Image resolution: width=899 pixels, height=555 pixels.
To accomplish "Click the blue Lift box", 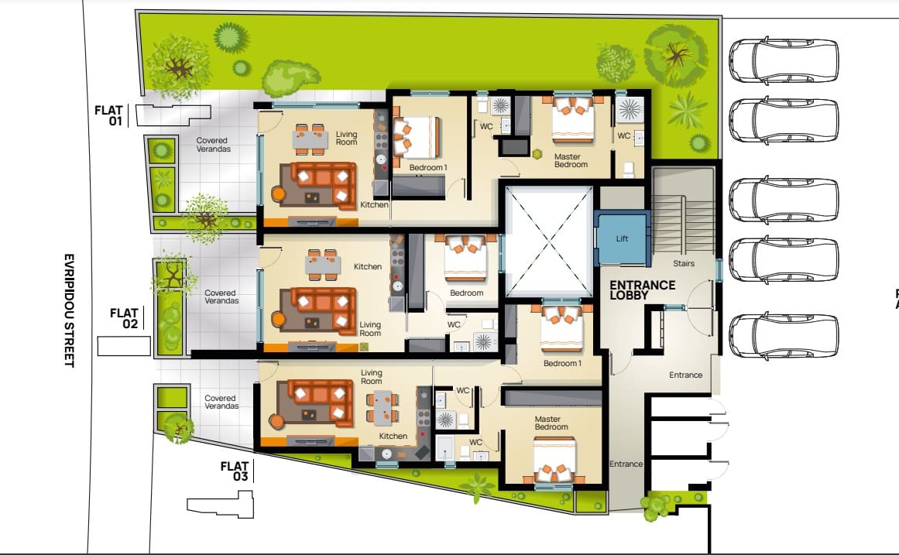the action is coord(622,238).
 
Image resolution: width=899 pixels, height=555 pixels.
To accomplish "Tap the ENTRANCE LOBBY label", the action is coord(642,290).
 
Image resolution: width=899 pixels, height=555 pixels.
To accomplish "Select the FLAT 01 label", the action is coord(109,115).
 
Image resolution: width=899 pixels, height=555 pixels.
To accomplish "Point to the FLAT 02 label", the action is coord(125,318).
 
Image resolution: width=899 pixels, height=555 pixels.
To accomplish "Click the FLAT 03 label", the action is coord(235,471).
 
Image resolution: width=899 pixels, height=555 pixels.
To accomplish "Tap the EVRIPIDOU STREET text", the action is coord(69,310).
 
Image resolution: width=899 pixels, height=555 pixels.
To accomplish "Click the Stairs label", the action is coord(684,263).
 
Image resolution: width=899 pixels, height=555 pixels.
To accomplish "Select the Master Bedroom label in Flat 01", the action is coord(571,160).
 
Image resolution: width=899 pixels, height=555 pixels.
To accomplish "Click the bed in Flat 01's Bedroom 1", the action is coord(416,138).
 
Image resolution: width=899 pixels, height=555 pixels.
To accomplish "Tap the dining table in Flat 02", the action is coord(323,264).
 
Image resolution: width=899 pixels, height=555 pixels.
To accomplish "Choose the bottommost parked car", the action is coord(784,336).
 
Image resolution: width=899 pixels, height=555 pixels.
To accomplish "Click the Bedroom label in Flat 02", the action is coord(466,293).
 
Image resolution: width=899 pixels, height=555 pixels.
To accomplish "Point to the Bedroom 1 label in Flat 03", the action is coord(562,363).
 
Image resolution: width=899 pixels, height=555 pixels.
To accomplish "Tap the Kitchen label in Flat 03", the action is coord(393,436).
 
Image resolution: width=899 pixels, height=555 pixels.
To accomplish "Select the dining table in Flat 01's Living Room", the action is coord(311,139).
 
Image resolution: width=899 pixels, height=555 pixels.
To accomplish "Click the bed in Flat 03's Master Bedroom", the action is coord(554,460).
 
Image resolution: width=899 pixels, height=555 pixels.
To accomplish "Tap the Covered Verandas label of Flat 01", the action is coord(213,145).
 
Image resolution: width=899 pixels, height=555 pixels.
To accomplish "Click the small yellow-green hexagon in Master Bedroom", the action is coord(537,154).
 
